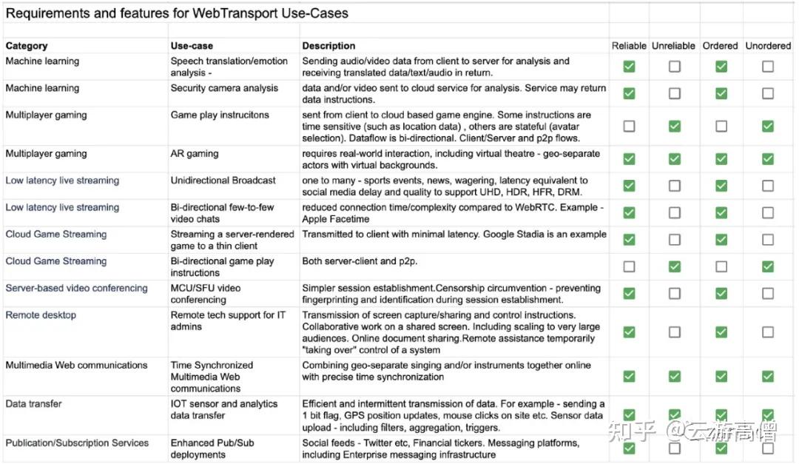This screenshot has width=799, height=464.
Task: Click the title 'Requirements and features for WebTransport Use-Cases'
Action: [x=177, y=13]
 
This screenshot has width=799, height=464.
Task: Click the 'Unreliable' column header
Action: [x=673, y=46]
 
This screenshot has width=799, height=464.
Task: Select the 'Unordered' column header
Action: [x=768, y=46]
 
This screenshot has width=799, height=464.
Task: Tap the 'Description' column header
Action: [x=328, y=46]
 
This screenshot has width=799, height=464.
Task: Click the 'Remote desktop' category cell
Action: [x=41, y=315]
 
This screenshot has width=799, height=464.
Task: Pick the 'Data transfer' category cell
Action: [x=33, y=404]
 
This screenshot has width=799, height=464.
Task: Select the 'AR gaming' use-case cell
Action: [x=195, y=154]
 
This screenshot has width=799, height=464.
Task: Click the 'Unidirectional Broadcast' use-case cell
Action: [x=223, y=181]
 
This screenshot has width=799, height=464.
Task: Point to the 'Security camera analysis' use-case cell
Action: [x=224, y=88]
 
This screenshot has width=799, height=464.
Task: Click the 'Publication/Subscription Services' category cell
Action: [x=77, y=443]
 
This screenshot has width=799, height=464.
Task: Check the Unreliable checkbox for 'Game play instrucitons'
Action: [x=674, y=127]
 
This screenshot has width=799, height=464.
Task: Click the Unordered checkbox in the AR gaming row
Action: [x=768, y=158]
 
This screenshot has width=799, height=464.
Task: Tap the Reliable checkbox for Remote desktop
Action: [x=629, y=332]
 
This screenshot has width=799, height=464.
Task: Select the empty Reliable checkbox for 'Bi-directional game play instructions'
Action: [x=629, y=266]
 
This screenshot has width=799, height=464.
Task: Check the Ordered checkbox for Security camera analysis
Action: [x=721, y=93]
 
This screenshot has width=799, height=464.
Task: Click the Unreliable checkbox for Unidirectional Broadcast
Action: [x=674, y=186]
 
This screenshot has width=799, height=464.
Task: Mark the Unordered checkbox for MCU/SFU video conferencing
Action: [x=768, y=293]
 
